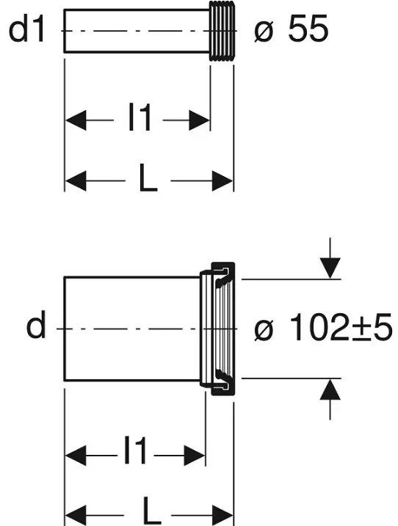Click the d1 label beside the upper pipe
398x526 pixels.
coord(27,30)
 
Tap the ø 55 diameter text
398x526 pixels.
coord(291,30)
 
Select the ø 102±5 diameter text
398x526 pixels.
coord(323,327)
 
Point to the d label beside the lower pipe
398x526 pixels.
coord(35,324)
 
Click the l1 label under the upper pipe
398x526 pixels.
coord(140,117)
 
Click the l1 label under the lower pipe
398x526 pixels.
coord(135,450)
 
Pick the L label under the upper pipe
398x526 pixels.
coord(148,178)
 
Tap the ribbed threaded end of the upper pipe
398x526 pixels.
coord(222,31)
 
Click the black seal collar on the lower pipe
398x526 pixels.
coord(223,329)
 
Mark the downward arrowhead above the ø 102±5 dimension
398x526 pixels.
coord(330,268)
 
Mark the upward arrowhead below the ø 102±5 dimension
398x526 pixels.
coord(330,389)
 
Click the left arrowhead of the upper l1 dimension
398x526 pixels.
coord(76,120)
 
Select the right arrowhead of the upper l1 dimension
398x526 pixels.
coord(199,120)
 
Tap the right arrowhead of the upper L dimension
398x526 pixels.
coord(222,180)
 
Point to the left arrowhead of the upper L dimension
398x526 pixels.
coord(76,180)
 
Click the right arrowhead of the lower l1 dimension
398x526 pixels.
coord(195,456)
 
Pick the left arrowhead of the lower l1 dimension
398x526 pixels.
coord(76,456)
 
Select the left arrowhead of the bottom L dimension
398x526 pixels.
coord(76,515)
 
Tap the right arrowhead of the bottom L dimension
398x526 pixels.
coord(222,515)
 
